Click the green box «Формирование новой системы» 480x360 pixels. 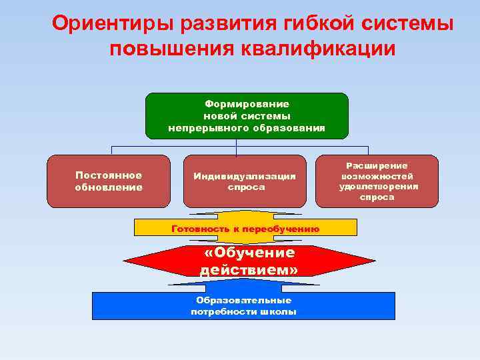(247, 115)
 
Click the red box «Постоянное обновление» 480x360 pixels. (109, 181)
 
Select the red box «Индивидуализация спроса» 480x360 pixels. (245, 181)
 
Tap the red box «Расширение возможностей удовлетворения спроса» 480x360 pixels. (378, 181)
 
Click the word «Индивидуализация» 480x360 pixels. (245, 176)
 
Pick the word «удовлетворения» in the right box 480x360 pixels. (378, 187)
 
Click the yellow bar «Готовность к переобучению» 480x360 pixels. (245, 228)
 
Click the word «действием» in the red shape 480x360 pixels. (249, 270)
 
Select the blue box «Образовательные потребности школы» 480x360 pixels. (243, 306)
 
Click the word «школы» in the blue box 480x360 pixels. (280, 312)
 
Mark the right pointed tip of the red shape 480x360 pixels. (375, 261)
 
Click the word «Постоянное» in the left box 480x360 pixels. (109, 175)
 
